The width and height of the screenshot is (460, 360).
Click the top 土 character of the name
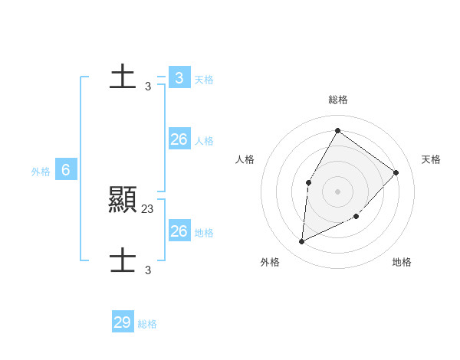tap(123, 77)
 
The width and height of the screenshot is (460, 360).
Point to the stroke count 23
tap(148, 208)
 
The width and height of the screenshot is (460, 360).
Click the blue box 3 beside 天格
tap(179, 77)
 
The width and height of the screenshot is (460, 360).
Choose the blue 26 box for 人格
tap(179, 139)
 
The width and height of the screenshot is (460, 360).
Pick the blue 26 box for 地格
tap(179, 231)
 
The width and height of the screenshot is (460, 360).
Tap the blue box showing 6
tap(66, 170)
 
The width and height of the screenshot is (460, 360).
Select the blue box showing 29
tap(122, 322)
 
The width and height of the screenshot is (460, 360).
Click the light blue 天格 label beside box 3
tap(204, 80)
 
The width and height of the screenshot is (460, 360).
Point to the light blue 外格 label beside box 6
tap(41, 172)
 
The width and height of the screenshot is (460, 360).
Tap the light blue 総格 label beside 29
tap(147, 324)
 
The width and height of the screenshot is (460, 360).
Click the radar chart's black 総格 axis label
tap(338, 100)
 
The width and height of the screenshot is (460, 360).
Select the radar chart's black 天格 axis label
tap(431, 159)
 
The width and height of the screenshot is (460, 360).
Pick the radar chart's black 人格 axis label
tap(245, 159)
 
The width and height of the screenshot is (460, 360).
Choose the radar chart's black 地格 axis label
tap(402, 262)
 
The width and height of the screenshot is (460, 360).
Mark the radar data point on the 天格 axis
tap(396, 172)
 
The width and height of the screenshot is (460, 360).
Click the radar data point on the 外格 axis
tap(302, 242)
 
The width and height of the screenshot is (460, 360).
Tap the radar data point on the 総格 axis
tap(337, 130)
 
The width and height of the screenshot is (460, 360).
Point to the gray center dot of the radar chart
tap(337, 191)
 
